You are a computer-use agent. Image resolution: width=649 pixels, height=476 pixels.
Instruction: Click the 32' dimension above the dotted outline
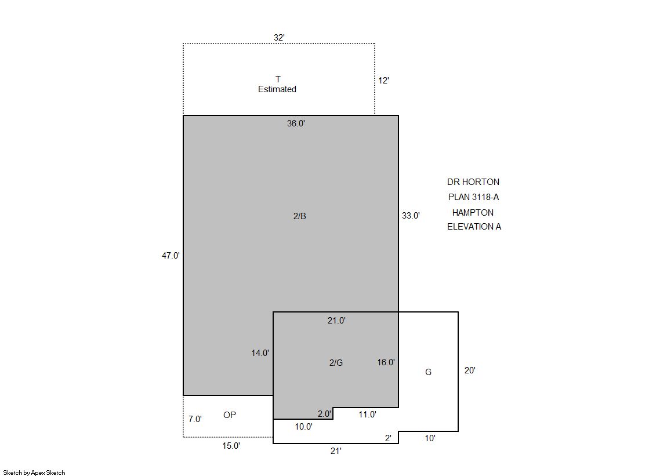[279, 38]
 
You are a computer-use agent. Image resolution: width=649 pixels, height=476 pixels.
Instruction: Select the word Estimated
[277, 89]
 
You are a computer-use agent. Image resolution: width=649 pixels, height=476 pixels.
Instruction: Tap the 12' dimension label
[384, 81]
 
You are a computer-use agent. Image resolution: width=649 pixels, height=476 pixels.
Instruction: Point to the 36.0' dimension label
[296, 123]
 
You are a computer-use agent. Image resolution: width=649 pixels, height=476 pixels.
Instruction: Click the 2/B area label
[300, 216]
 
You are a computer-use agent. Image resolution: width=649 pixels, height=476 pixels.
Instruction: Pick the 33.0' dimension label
[411, 216]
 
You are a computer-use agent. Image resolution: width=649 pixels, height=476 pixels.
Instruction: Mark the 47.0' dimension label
[171, 256]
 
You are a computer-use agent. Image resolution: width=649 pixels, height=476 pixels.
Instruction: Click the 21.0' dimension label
[336, 321]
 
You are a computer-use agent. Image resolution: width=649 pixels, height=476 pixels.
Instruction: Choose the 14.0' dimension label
[260, 353]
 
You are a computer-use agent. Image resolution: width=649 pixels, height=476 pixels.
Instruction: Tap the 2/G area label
[336, 363]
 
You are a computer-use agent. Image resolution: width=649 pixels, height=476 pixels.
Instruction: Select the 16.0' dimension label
[386, 362]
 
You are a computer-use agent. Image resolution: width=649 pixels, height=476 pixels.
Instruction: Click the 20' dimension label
[470, 370]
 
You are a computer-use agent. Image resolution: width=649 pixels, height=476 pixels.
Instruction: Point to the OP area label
[230, 415]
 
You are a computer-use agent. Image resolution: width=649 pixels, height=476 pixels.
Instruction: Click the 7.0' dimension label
[195, 419]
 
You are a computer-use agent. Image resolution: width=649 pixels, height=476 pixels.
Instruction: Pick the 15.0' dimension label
[231, 446]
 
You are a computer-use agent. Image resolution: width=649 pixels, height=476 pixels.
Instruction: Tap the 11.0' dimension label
[367, 415]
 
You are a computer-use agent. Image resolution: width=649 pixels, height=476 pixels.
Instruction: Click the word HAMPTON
[473, 213]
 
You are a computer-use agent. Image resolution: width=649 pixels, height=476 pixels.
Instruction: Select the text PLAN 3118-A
[473, 197]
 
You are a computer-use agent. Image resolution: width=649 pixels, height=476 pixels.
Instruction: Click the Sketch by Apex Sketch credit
[34, 473]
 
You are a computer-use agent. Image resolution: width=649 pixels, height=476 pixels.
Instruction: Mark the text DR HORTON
[473, 182]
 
